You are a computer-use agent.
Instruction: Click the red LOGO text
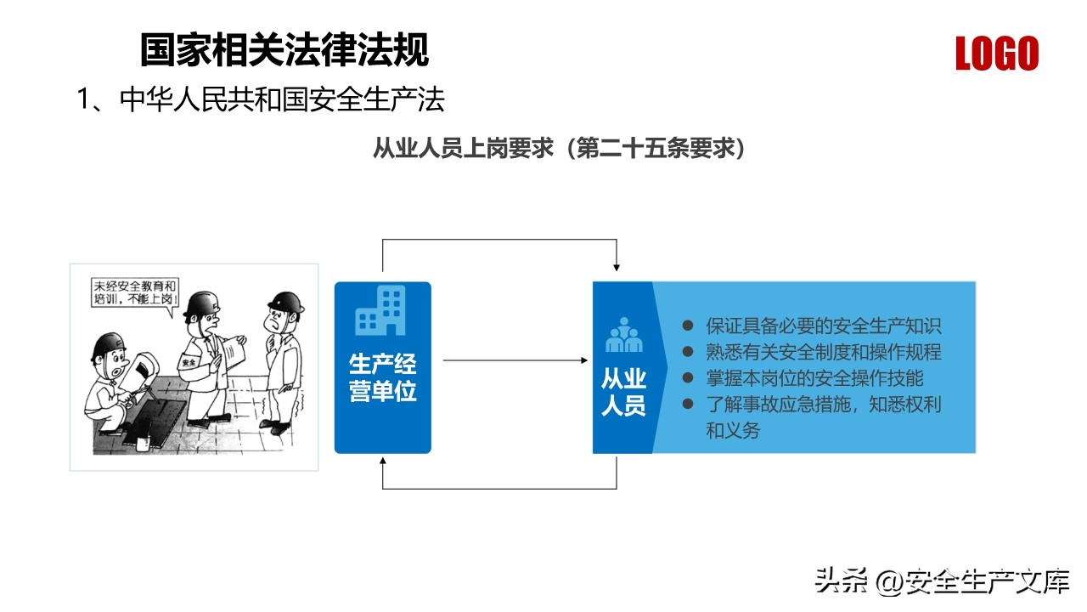(x=997, y=53)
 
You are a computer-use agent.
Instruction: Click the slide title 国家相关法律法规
(x=284, y=49)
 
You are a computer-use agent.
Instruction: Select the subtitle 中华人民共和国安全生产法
(x=282, y=99)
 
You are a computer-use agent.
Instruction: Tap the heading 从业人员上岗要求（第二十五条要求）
(x=559, y=148)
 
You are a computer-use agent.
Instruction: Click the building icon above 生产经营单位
(x=380, y=311)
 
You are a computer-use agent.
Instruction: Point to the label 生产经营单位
(x=382, y=377)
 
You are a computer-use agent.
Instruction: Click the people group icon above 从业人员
(x=623, y=335)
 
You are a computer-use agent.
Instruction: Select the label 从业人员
(x=623, y=392)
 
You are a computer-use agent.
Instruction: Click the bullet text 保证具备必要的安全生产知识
(x=824, y=326)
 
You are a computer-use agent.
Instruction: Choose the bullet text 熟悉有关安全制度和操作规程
(x=824, y=352)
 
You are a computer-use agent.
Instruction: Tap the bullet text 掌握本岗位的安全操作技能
(x=814, y=378)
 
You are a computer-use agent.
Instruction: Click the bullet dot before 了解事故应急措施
(x=688, y=404)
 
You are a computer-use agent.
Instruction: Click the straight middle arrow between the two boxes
(x=515, y=360)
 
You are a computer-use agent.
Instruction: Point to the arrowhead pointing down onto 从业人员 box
(x=617, y=267)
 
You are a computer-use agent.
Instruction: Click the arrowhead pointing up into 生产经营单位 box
(x=383, y=461)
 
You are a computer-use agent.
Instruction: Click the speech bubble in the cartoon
(x=135, y=293)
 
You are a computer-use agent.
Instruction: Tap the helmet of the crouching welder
(x=110, y=345)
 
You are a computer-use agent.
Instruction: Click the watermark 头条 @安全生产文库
(x=942, y=581)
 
